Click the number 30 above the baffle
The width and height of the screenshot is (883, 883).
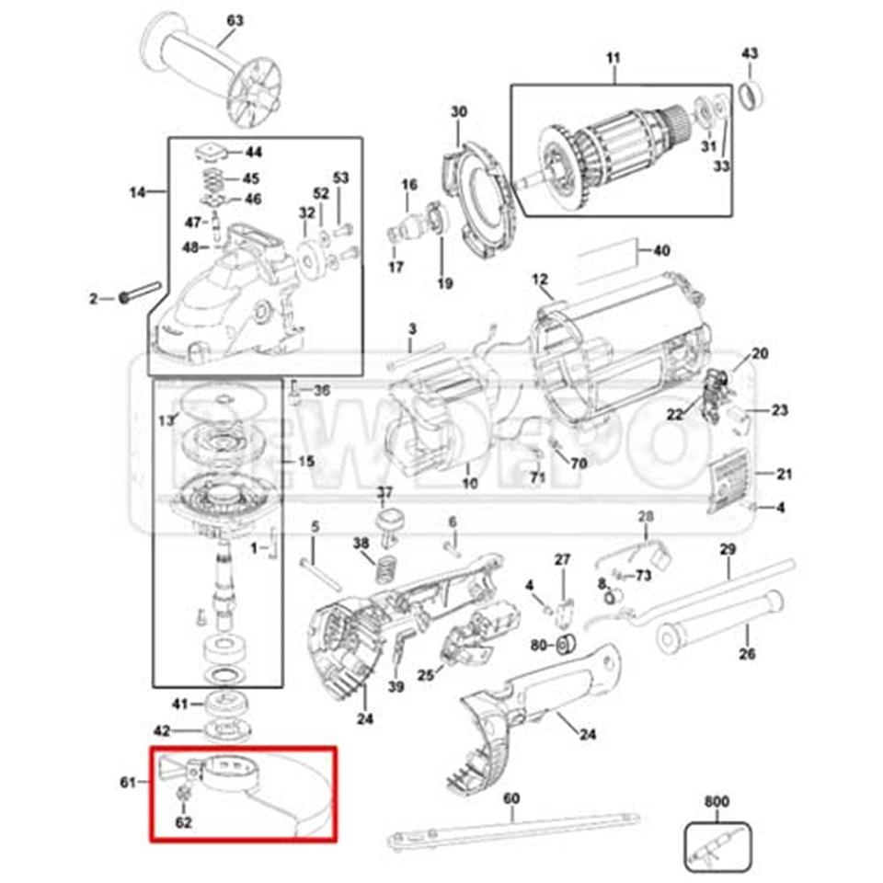(459, 112)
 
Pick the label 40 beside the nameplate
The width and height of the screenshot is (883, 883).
(661, 250)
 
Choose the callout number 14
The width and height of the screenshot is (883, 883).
(138, 192)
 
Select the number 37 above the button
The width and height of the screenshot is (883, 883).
(384, 492)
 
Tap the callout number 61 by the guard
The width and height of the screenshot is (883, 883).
(128, 782)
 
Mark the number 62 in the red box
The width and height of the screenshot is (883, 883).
(183, 821)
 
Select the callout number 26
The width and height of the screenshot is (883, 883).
(747, 655)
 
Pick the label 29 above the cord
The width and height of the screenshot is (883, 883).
(728, 549)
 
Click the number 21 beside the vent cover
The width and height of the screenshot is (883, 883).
(784, 475)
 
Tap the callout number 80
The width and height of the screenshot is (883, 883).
(538, 644)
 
